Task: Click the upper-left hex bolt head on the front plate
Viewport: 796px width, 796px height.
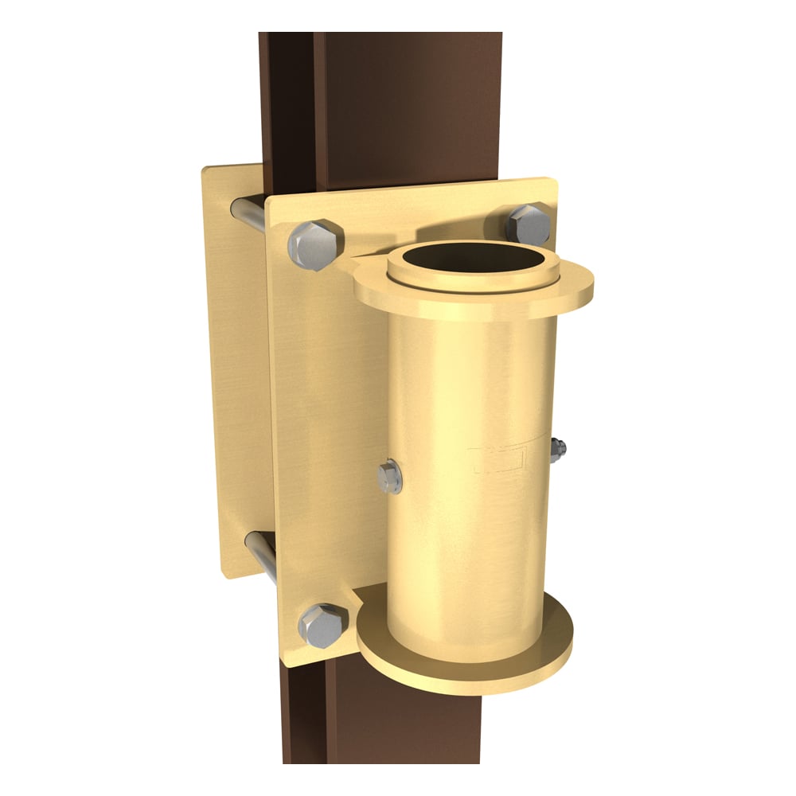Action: pos(315,244)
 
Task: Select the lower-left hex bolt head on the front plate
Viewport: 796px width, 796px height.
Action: pos(323,625)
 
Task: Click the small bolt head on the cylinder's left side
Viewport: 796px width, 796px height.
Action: pos(390,478)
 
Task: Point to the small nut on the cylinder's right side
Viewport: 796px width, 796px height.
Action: pos(556,451)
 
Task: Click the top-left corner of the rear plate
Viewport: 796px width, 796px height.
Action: pos(206,169)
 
